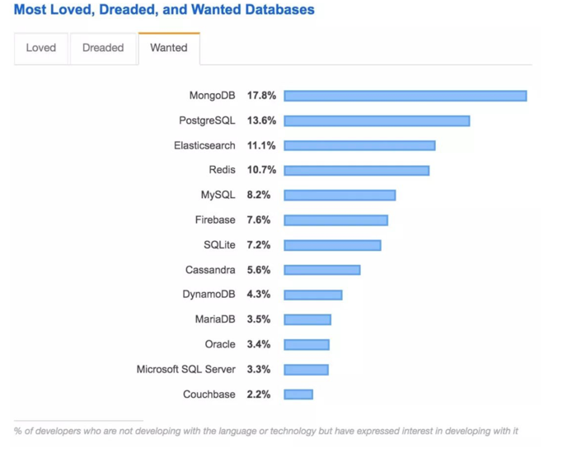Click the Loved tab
point(40,48)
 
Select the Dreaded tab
point(103,48)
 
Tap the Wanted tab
point(168,48)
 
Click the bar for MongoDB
point(405,96)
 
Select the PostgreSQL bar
point(377,121)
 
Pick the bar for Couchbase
point(298,395)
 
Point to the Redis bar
point(356,170)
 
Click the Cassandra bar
point(322,270)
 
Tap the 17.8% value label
point(261,96)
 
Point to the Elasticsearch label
point(204,145)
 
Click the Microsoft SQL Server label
point(185,370)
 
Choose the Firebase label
point(215,220)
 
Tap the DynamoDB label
point(209,295)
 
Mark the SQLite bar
point(332,245)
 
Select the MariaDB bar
point(307,319)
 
